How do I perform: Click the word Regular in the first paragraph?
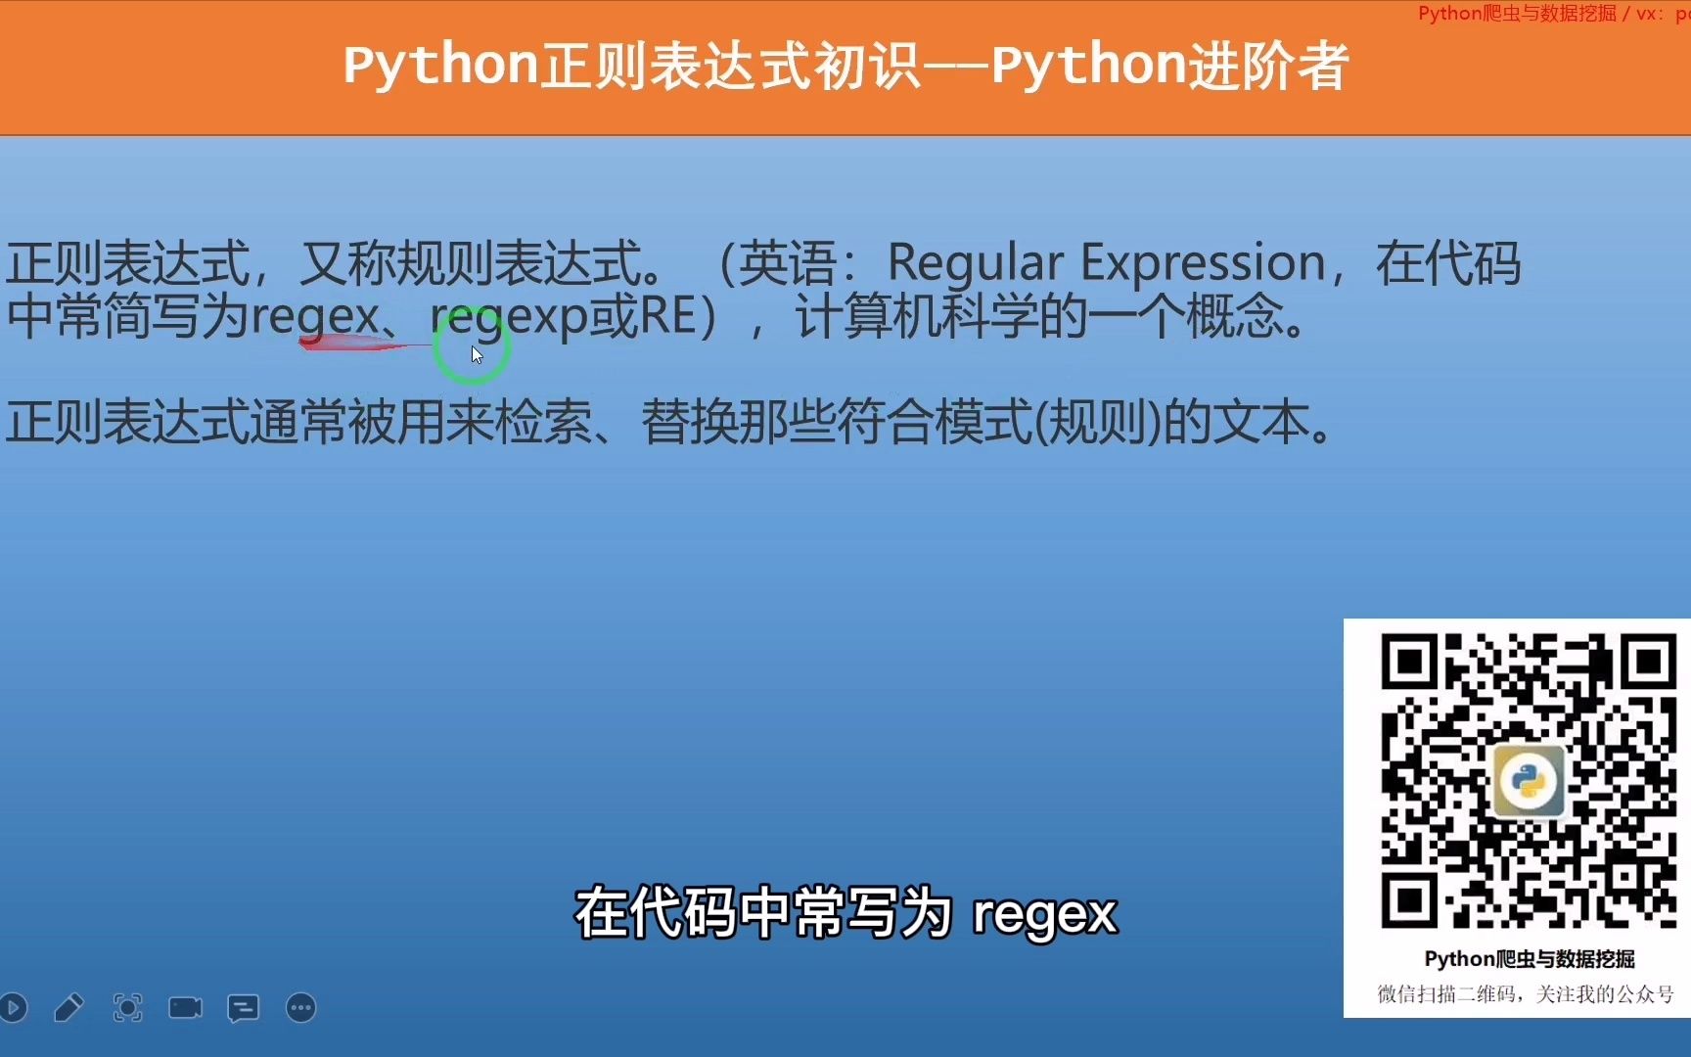point(975,264)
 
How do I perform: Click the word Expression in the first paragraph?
point(1203,264)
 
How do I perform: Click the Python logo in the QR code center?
point(1528,780)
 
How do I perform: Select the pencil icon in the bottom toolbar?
point(69,1007)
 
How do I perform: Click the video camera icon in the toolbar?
point(185,1007)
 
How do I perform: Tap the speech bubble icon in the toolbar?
point(243,1008)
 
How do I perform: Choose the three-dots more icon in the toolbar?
point(301,1007)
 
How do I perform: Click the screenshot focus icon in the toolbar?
point(127,1007)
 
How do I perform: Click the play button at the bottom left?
point(13,1007)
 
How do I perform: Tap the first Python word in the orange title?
point(441,67)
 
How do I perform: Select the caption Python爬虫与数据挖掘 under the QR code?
point(1530,959)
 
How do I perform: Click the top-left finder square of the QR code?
point(1408,663)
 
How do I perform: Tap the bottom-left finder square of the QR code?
point(1408,899)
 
